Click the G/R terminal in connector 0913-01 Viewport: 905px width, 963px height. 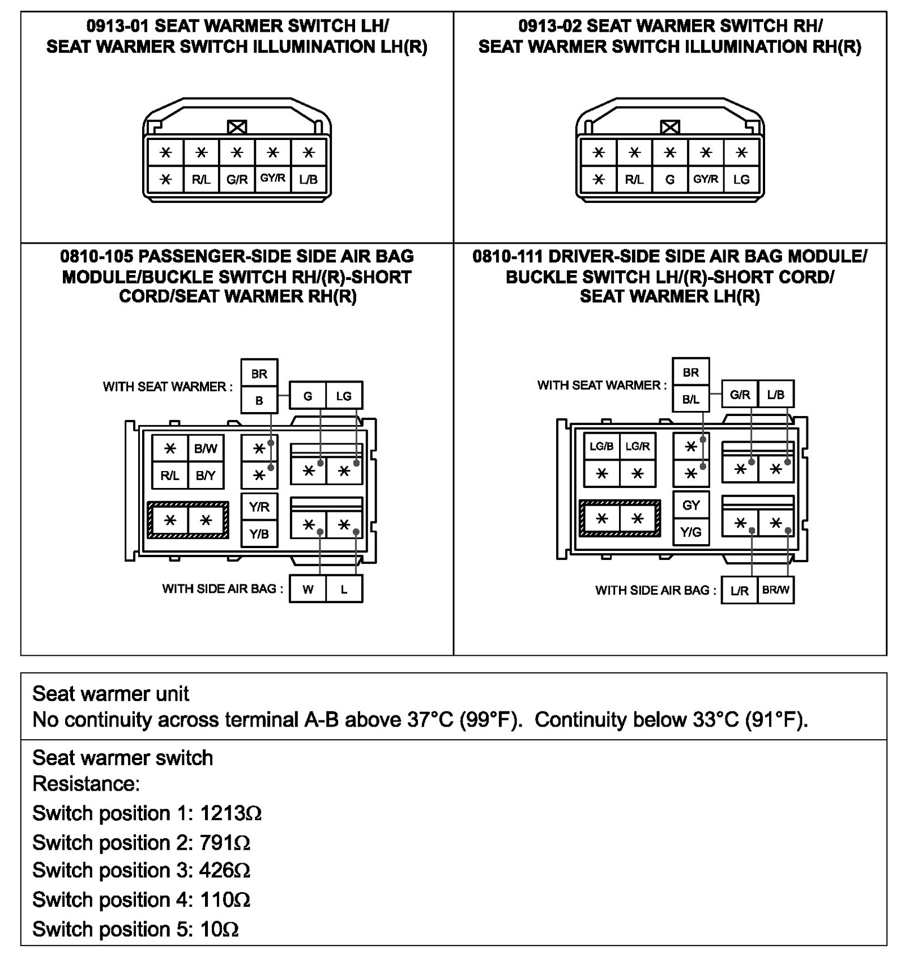pyautogui.click(x=237, y=180)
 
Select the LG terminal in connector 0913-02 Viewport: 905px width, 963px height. pyautogui.click(x=741, y=180)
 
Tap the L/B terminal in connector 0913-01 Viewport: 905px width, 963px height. pyautogui.click(x=308, y=180)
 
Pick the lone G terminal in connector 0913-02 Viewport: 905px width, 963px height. pyautogui.click(x=670, y=180)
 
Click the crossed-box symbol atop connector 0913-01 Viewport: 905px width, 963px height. pyautogui.click(x=237, y=127)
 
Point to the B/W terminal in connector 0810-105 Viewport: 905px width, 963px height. pyautogui.click(x=206, y=449)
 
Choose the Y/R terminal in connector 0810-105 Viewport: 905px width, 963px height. pyautogui.click(x=259, y=507)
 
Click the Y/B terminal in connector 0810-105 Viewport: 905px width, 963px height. pyautogui.click(x=259, y=533)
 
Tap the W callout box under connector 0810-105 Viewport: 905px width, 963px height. pyautogui.click(x=308, y=589)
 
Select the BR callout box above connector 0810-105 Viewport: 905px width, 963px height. pyautogui.click(x=259, y=374)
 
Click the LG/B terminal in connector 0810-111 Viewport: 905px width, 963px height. pyautogui.click(x=601, y=447)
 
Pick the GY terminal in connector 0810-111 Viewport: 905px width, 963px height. pyautogui.click(x=691, y=505)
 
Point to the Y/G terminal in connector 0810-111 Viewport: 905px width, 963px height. pyautogui.click(x=691, y=532)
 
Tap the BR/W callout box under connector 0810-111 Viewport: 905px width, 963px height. pyautogui.click(x=775, y=590)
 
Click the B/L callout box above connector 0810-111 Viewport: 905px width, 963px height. pyautogui.click(x=691, y=399)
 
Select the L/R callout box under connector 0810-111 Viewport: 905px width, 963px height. pyautogui.click(x=740, y=591)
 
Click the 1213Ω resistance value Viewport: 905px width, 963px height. pyautogui.click(x=230, y=813)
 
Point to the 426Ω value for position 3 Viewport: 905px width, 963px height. pyautogui.click(x=224, y=870)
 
